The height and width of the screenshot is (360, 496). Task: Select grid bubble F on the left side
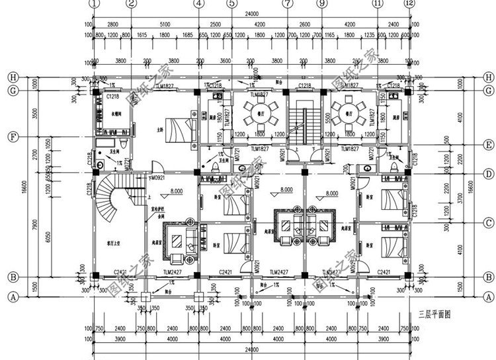tap(11, 137)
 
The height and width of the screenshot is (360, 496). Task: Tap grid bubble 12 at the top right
tap(410, 4)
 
